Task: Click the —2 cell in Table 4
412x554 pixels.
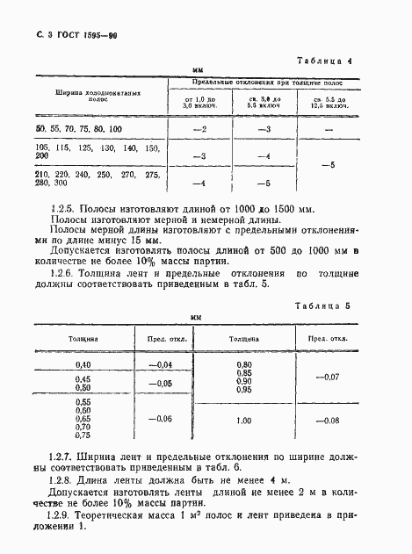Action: point(198,129)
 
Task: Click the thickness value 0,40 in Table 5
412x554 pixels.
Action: point(83,364)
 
